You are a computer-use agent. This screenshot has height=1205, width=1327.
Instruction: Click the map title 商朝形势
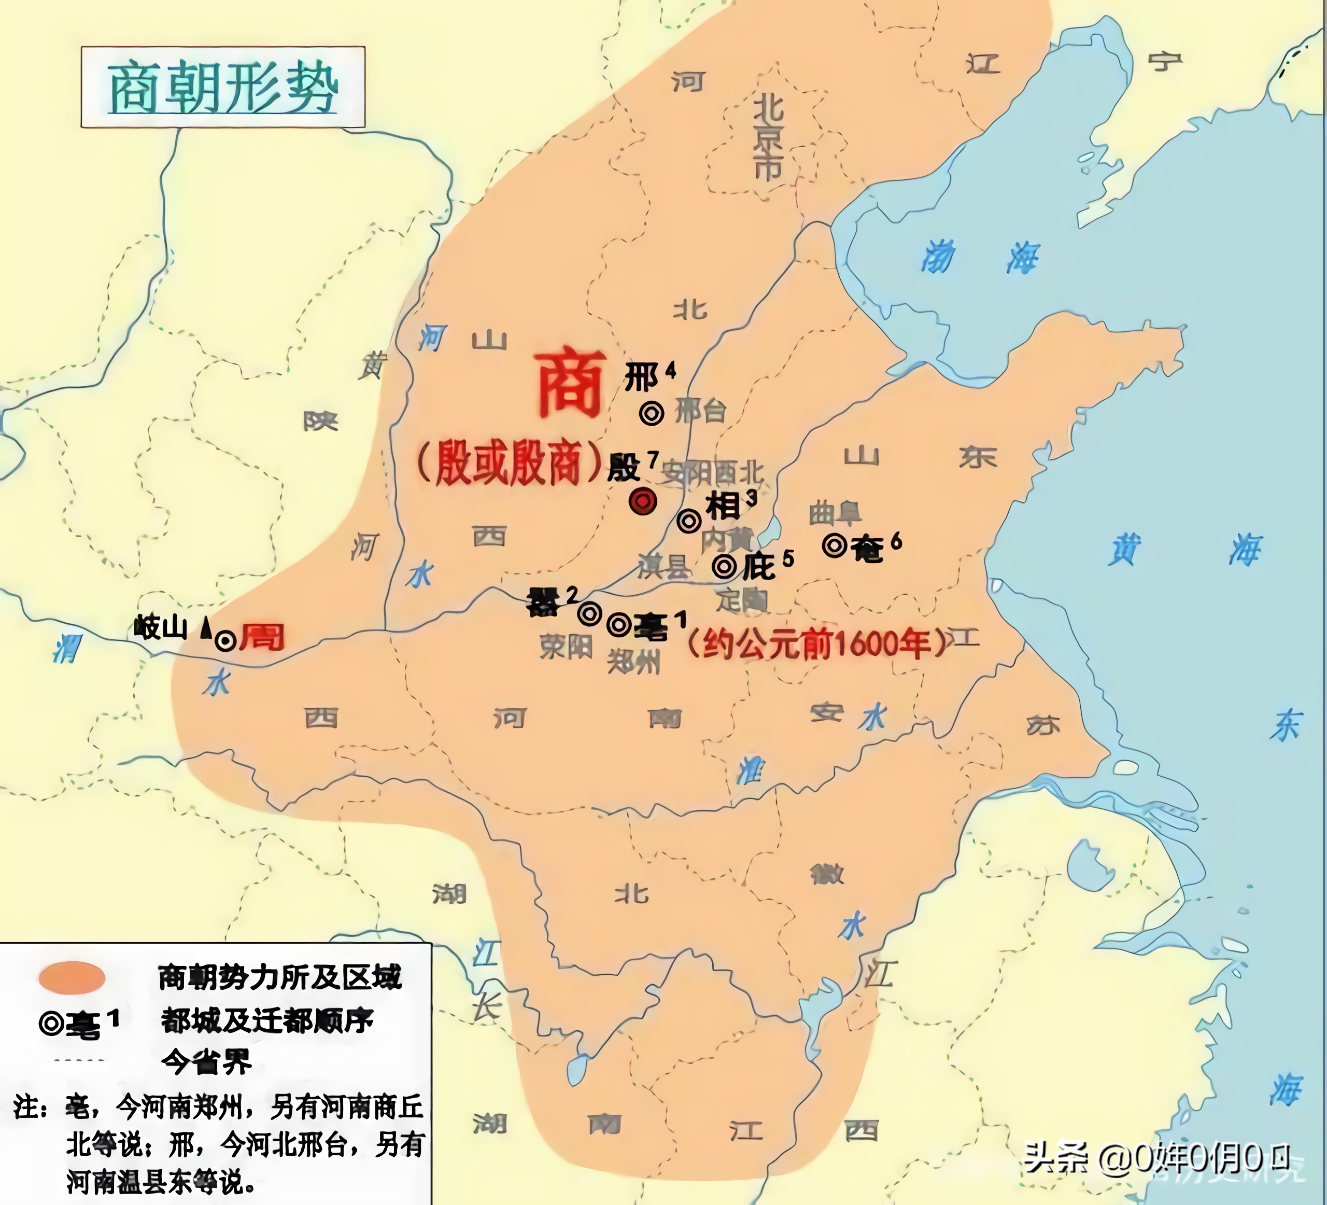(x=222, y=88)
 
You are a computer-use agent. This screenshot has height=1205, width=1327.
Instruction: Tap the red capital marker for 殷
(x=642, y=502)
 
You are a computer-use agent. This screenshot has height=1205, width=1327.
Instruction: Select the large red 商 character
(x=570, y=385)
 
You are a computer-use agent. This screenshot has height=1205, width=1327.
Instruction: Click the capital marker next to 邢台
(x=652, y=414)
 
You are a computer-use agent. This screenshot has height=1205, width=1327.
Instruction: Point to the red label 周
(x=262, y=637)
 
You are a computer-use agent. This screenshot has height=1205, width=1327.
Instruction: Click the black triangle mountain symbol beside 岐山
(x=206, y=627)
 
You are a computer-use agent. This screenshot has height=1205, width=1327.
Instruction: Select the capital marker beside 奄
(x=835, y=545)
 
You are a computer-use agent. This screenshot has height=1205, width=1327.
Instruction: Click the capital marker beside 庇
(x=724, y=566)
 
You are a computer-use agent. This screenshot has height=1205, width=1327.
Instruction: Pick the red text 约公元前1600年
(x=816, y=644)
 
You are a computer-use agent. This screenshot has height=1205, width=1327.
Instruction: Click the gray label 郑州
(x=633, y=662)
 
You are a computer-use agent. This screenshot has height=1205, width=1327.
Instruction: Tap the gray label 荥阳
(x=566, y=647)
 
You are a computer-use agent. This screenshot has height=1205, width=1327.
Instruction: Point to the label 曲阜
(x=835, y=513)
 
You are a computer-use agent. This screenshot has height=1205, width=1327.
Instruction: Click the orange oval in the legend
(x=72, y=978)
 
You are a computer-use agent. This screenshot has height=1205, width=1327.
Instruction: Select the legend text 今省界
(x=206, y=1061)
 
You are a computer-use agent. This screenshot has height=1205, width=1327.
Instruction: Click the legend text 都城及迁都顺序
(x=266, y=1020)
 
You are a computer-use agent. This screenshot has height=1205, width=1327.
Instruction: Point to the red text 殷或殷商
(x=510, y=463)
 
